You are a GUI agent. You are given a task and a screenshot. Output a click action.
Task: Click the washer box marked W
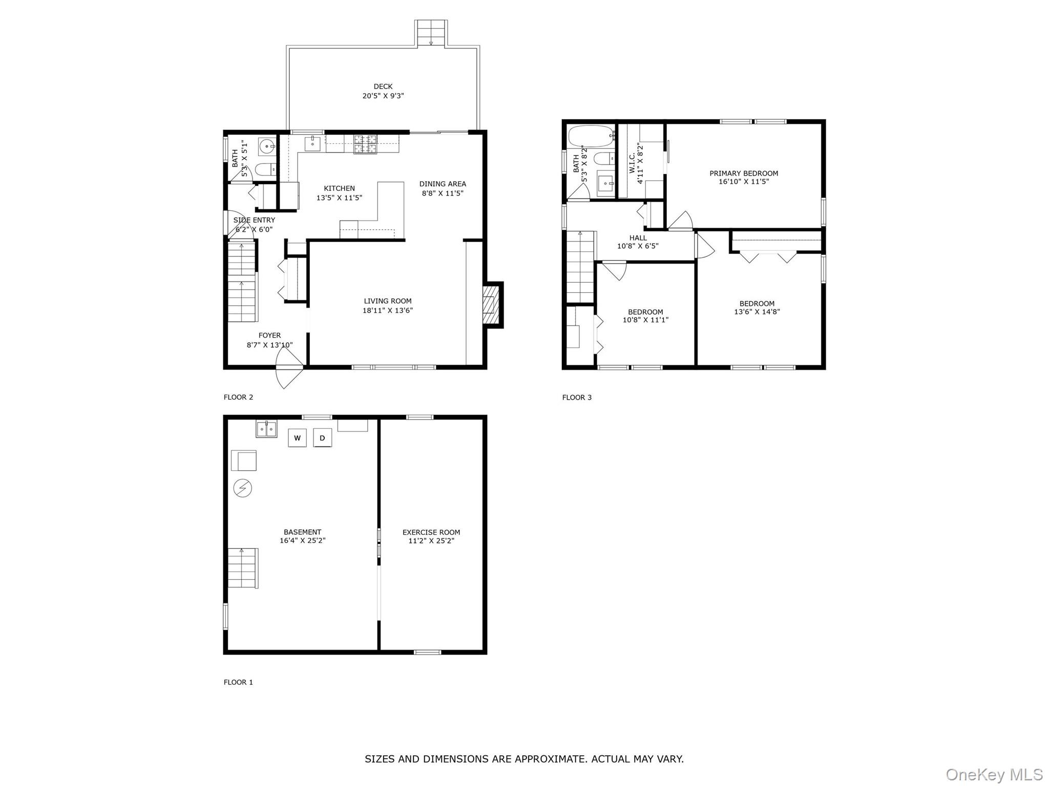[x=297, y=438]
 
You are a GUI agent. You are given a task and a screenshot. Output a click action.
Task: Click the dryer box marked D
[x=322, y=438]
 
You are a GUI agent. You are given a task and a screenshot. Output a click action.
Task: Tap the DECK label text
[x=383, y=86]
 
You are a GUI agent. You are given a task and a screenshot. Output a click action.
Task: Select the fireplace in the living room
[x=491, y=305]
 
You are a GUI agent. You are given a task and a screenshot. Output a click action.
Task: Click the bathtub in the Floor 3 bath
[x=591, y=136]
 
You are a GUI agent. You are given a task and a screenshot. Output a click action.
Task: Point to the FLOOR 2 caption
[x=238, y=397]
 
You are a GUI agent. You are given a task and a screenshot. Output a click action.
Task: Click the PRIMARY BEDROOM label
[x=743, y=173]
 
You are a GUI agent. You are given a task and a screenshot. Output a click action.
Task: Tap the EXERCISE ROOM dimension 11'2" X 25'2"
[x=431, y=540]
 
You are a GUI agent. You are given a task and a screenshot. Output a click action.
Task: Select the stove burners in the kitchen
[x=365, y=144]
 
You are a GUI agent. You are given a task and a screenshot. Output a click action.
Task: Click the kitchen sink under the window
[x=312, y=144]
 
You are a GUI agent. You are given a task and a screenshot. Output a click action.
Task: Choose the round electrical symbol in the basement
[x=243, y=488]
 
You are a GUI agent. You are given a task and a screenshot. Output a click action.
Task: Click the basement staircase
[x=242, y=568]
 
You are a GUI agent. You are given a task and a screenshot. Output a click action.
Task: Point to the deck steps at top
[x=431, y=33]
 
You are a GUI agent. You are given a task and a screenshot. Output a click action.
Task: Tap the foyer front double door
[x=289, y=369]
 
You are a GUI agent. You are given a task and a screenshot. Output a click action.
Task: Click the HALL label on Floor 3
[x=638, y=237]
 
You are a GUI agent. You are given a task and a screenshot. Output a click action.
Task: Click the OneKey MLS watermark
[x=994, y=774]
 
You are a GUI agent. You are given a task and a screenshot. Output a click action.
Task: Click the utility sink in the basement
[x=266, y=428]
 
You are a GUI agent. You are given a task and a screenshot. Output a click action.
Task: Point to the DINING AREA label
[x=443, y=184]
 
